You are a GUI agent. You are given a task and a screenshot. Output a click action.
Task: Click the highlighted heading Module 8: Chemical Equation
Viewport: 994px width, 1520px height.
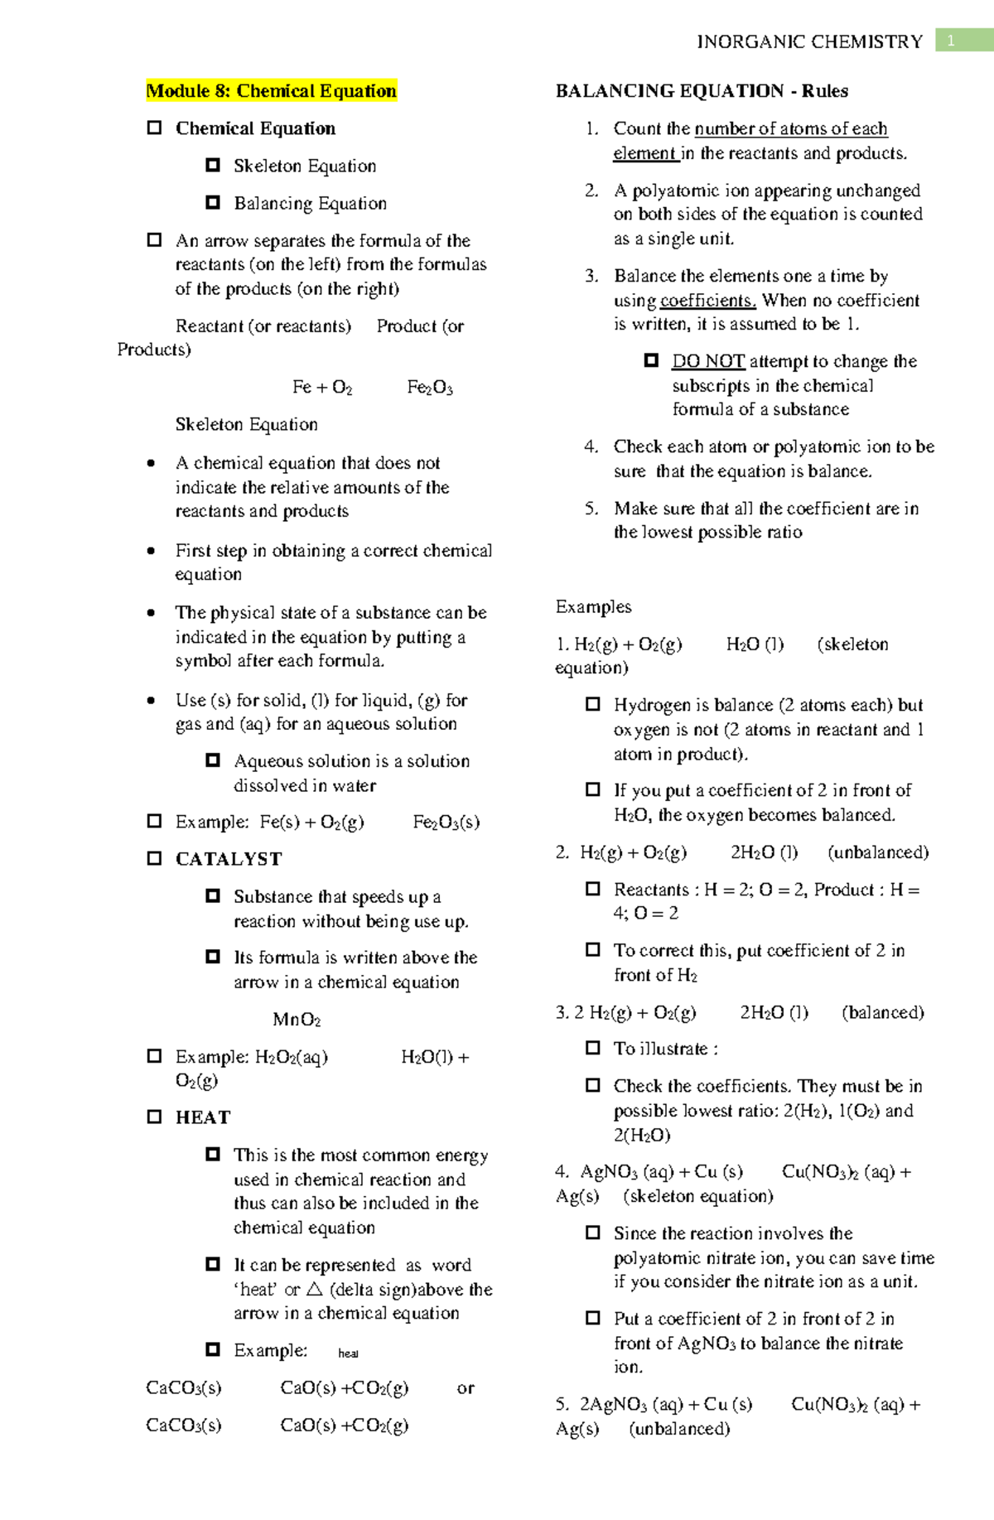tap(271, 90)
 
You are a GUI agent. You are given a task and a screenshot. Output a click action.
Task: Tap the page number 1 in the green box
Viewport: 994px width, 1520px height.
tap(951, 41)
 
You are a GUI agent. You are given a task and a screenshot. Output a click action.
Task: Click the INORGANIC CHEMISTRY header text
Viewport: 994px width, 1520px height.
tap(809, 41)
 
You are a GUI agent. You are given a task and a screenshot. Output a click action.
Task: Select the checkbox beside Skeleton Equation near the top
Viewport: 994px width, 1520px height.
tap(213, 165)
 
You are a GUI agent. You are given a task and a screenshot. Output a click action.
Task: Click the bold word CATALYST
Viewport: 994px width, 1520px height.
tap(229, 859)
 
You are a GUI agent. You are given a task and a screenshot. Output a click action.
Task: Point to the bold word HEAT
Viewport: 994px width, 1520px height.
tap(203, 1117)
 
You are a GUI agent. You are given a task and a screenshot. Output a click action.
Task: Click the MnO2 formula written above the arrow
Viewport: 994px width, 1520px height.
tap(297, 1020)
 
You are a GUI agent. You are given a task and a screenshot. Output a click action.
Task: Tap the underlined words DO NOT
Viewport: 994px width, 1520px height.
tap(708, 361)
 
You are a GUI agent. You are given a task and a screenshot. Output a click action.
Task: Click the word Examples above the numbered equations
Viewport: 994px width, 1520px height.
tap(593, 607)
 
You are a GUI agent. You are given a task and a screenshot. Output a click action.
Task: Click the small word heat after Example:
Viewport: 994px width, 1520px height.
tap(348, 1354)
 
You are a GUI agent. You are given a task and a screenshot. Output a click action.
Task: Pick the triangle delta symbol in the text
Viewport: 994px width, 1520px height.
tap(314, 1289)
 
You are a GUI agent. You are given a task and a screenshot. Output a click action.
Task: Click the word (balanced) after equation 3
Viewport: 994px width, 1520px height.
tap(883, 1012)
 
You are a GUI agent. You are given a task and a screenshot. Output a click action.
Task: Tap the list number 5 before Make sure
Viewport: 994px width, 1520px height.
tap(591, 509)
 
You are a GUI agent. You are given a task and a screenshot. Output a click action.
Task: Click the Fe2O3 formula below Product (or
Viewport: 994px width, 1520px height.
tap(430, 388)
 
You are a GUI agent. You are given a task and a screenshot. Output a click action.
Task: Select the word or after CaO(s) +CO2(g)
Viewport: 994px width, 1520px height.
tap(466, 1387)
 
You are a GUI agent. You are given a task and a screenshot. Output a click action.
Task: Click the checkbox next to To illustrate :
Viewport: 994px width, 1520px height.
tap(593, 1048)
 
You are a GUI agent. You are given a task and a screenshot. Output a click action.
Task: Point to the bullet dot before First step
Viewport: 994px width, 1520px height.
tap(151, 551)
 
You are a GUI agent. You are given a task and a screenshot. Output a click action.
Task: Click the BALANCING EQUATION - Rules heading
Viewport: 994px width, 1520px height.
tap(702, 90)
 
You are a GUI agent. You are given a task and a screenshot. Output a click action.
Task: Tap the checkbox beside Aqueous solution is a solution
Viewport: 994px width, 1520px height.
tap(213, 760)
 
